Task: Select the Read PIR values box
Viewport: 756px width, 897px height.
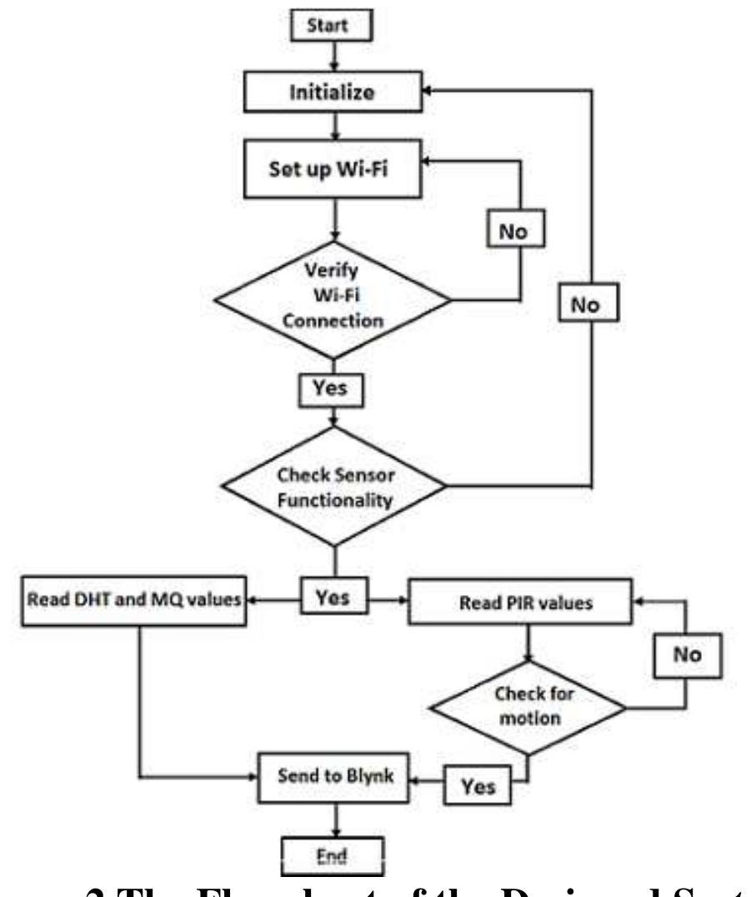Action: pyautogui.click(x=526, y=599)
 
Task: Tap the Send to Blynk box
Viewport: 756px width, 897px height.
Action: pyautogui.click(x=334, y=775)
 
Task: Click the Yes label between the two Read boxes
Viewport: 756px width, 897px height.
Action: pyautogui.click(x=333, y=597)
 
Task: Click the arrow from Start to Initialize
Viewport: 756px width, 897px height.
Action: pyautogui.click(x=333, y=56)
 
